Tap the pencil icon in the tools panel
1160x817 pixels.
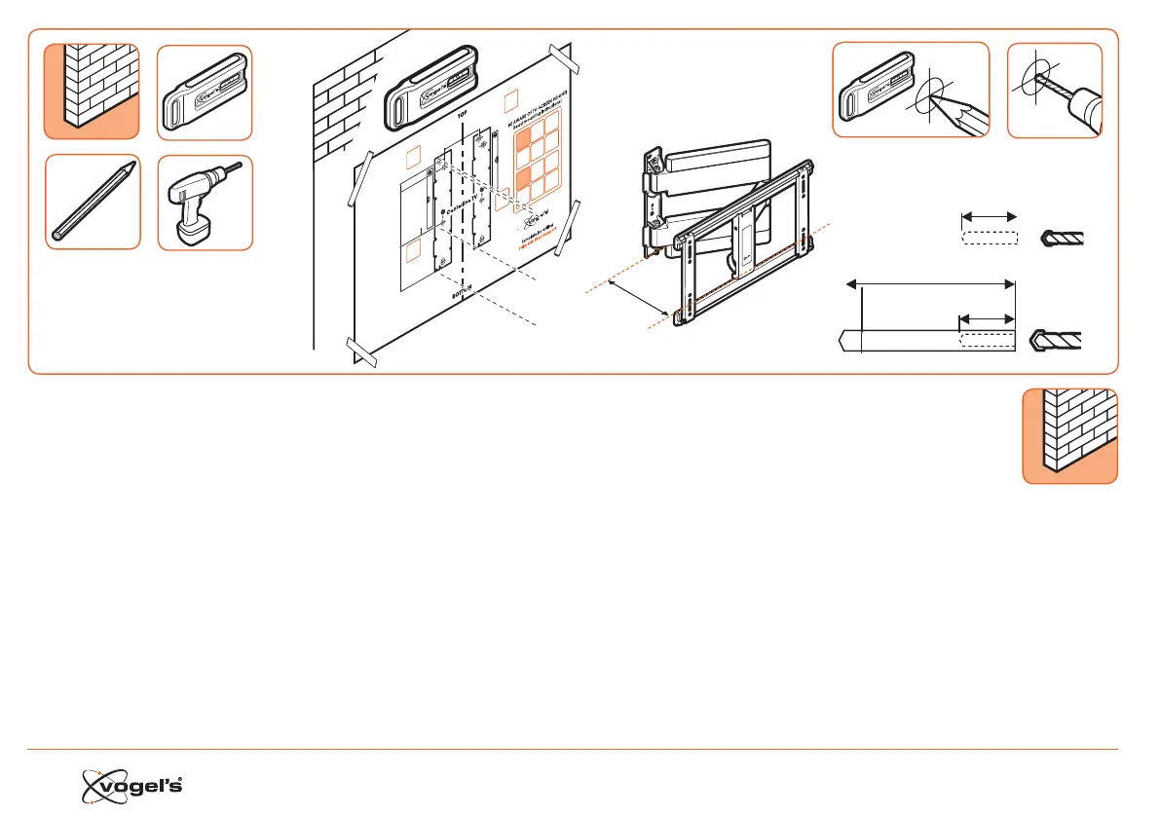coord(94,202)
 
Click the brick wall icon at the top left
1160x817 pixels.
coord(92,91)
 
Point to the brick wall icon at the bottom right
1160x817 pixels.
coord(1069,435)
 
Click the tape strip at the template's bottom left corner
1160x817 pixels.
coord(362,352)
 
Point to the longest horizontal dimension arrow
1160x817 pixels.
coord(930,283)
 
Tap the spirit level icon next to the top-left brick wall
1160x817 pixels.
coord(204,92)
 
